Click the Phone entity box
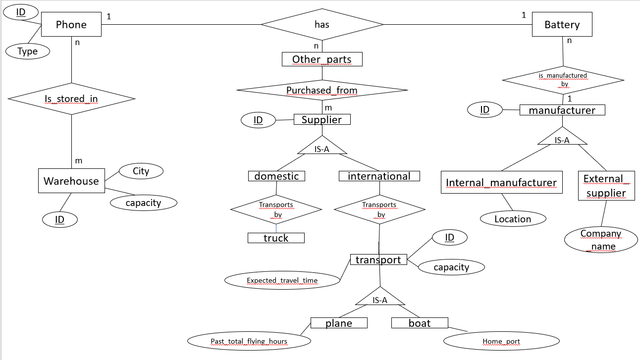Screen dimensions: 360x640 pyautogui.click(x=71, y=25)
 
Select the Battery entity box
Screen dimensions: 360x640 pyautogui.click(x=562, y=25)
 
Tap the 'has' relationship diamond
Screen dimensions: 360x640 pyautogui.click(x=322, y=24)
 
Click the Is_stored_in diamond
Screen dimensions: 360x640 pyautogui.click(x=71, y=99)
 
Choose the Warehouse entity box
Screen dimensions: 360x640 pyautogui.click(x=71, y=181)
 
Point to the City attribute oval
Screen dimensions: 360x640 pyautogui.click(x=141, y=171)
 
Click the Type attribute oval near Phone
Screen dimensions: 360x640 pyautogui.click(x=28, y=51)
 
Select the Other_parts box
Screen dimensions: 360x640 pyautogui.click(x=322, y=59)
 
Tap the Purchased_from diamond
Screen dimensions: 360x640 pyautogui.click(x=322, y=90)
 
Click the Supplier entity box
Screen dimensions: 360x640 pyautogui.click(x=322, y=119)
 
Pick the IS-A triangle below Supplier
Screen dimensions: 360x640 pyautogui.click(x=322, y=147)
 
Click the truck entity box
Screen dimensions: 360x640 pyautogui.click(x=276, y=238)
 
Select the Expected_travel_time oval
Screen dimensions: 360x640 pyautogui.click(x=282, y=281)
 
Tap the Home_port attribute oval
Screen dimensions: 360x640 pyautogui.click(x=501, y=341)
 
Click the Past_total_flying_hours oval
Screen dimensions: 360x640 pyautogui.click(x=249, y=341)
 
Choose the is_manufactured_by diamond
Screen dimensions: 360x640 pyautogui.click(x=563, y=80)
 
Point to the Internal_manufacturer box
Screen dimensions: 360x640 pyautogui.click(x=501, y=183)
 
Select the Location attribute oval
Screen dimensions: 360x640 pyautogui.click(x=513, y=219)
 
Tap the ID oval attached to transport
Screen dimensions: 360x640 pyautogui.click(x=449, y=238)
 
